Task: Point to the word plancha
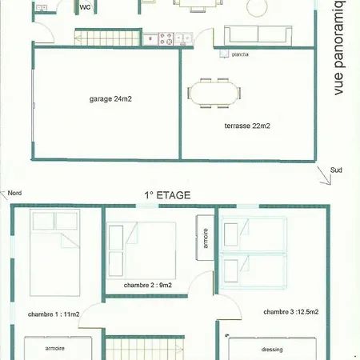pos(238,54)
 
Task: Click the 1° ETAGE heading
pos(167,194)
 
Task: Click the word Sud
pos(336,170)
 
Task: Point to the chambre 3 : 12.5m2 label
pos(290,312)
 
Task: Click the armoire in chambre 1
pos(56,350)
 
